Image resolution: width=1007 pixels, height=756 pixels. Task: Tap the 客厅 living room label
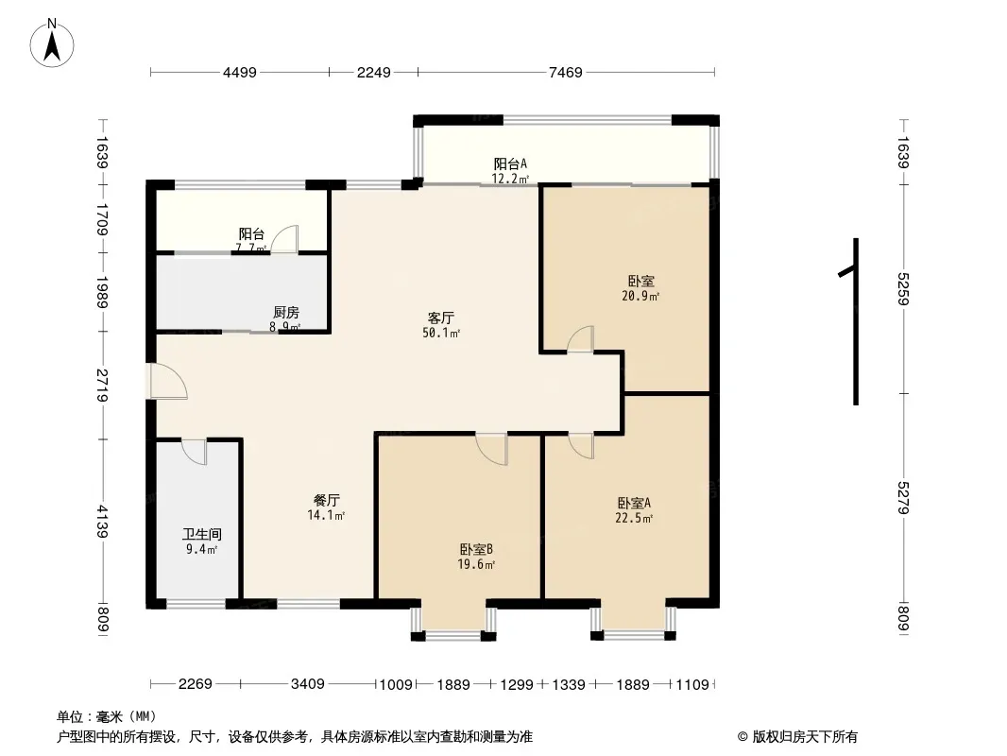tap(441, 318)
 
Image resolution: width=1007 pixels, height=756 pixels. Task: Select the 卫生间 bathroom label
tap(201, 534)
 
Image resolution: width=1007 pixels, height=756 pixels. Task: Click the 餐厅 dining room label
tap(327, 501)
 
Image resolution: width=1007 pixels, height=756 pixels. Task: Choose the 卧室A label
tap(634, 503)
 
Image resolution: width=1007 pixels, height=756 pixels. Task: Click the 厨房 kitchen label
tap(286, 313)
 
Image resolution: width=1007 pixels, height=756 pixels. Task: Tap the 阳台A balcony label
tap(510, 163)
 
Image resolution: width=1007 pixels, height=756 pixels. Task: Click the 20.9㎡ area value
tap(640, 296)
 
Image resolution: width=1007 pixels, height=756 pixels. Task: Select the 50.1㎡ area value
tap(441, 333)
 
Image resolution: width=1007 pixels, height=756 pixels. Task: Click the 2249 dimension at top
tap(373, 72)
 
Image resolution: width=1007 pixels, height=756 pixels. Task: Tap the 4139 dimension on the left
tap(103, 520)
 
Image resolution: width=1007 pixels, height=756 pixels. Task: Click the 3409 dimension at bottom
tap(308, 684)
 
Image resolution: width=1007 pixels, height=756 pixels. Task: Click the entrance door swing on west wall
tap(167, 382)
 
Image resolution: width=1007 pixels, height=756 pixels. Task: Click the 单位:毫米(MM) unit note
tap(107, 716)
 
